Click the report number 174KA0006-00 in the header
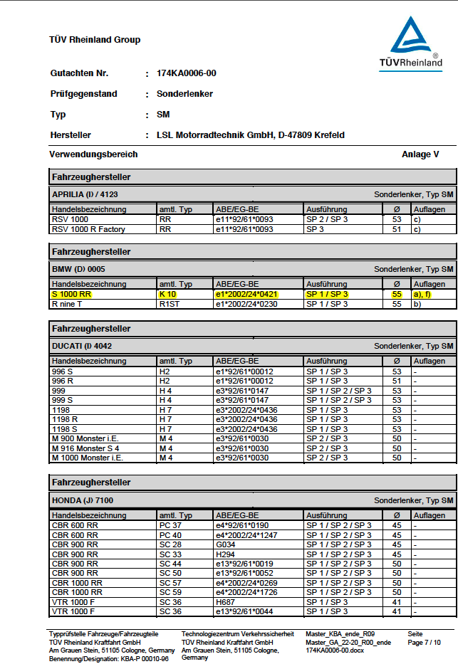click(x=186, y=73)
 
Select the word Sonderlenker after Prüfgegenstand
click(x=184, y=94)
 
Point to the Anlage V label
click(x=420, y=154)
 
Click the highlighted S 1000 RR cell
click(x=71, y=294)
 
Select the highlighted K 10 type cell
click(x=167, y=294)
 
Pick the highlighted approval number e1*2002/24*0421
click(x=246, y=294)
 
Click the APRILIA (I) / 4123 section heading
click(x=83, y=194)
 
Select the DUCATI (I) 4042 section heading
click(x=82, y=346)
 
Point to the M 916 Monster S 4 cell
click(x=88, y=448)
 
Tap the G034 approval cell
click(x=227, y=544)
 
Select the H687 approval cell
click(x=226, y=601)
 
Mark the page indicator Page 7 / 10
click(x=424, y=643)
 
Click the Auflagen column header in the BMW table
click(x=430, y=284)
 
